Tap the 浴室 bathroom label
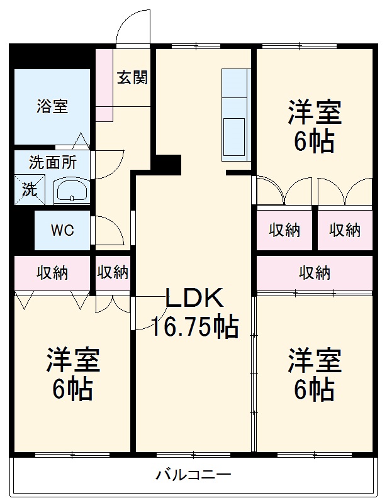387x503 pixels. (52, 106)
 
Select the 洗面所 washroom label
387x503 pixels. (53, 162)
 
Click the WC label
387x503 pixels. (62, 230)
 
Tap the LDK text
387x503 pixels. (194, 297)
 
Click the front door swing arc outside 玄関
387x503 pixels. (133, 28)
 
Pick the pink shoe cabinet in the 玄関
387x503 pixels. (104, 85)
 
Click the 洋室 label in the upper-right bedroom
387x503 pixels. (315, 114)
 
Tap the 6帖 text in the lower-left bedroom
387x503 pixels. (72, 390)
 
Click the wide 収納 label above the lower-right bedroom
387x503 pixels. (314, 273)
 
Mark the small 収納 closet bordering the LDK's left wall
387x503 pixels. (113, 273)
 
